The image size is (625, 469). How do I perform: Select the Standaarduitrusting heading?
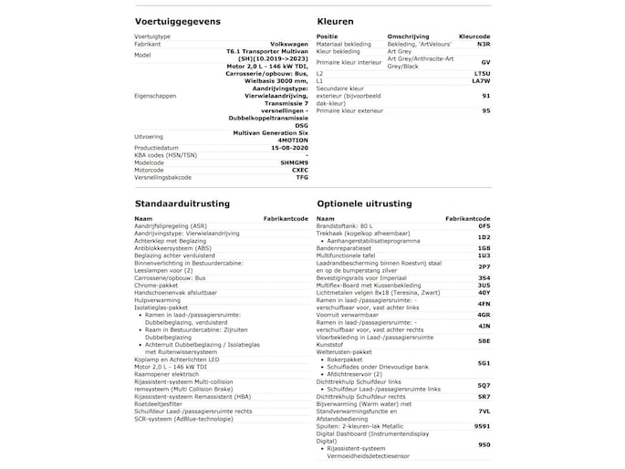[182, 203]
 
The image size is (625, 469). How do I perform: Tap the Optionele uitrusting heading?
[364, 203]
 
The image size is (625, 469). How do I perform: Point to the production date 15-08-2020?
[286, 146]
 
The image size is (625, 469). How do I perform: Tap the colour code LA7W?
[482, 81]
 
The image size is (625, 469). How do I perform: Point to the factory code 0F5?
[484, 225]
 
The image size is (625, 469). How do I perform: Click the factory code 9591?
[482, 426]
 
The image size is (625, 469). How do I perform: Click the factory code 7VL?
[484, 412]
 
